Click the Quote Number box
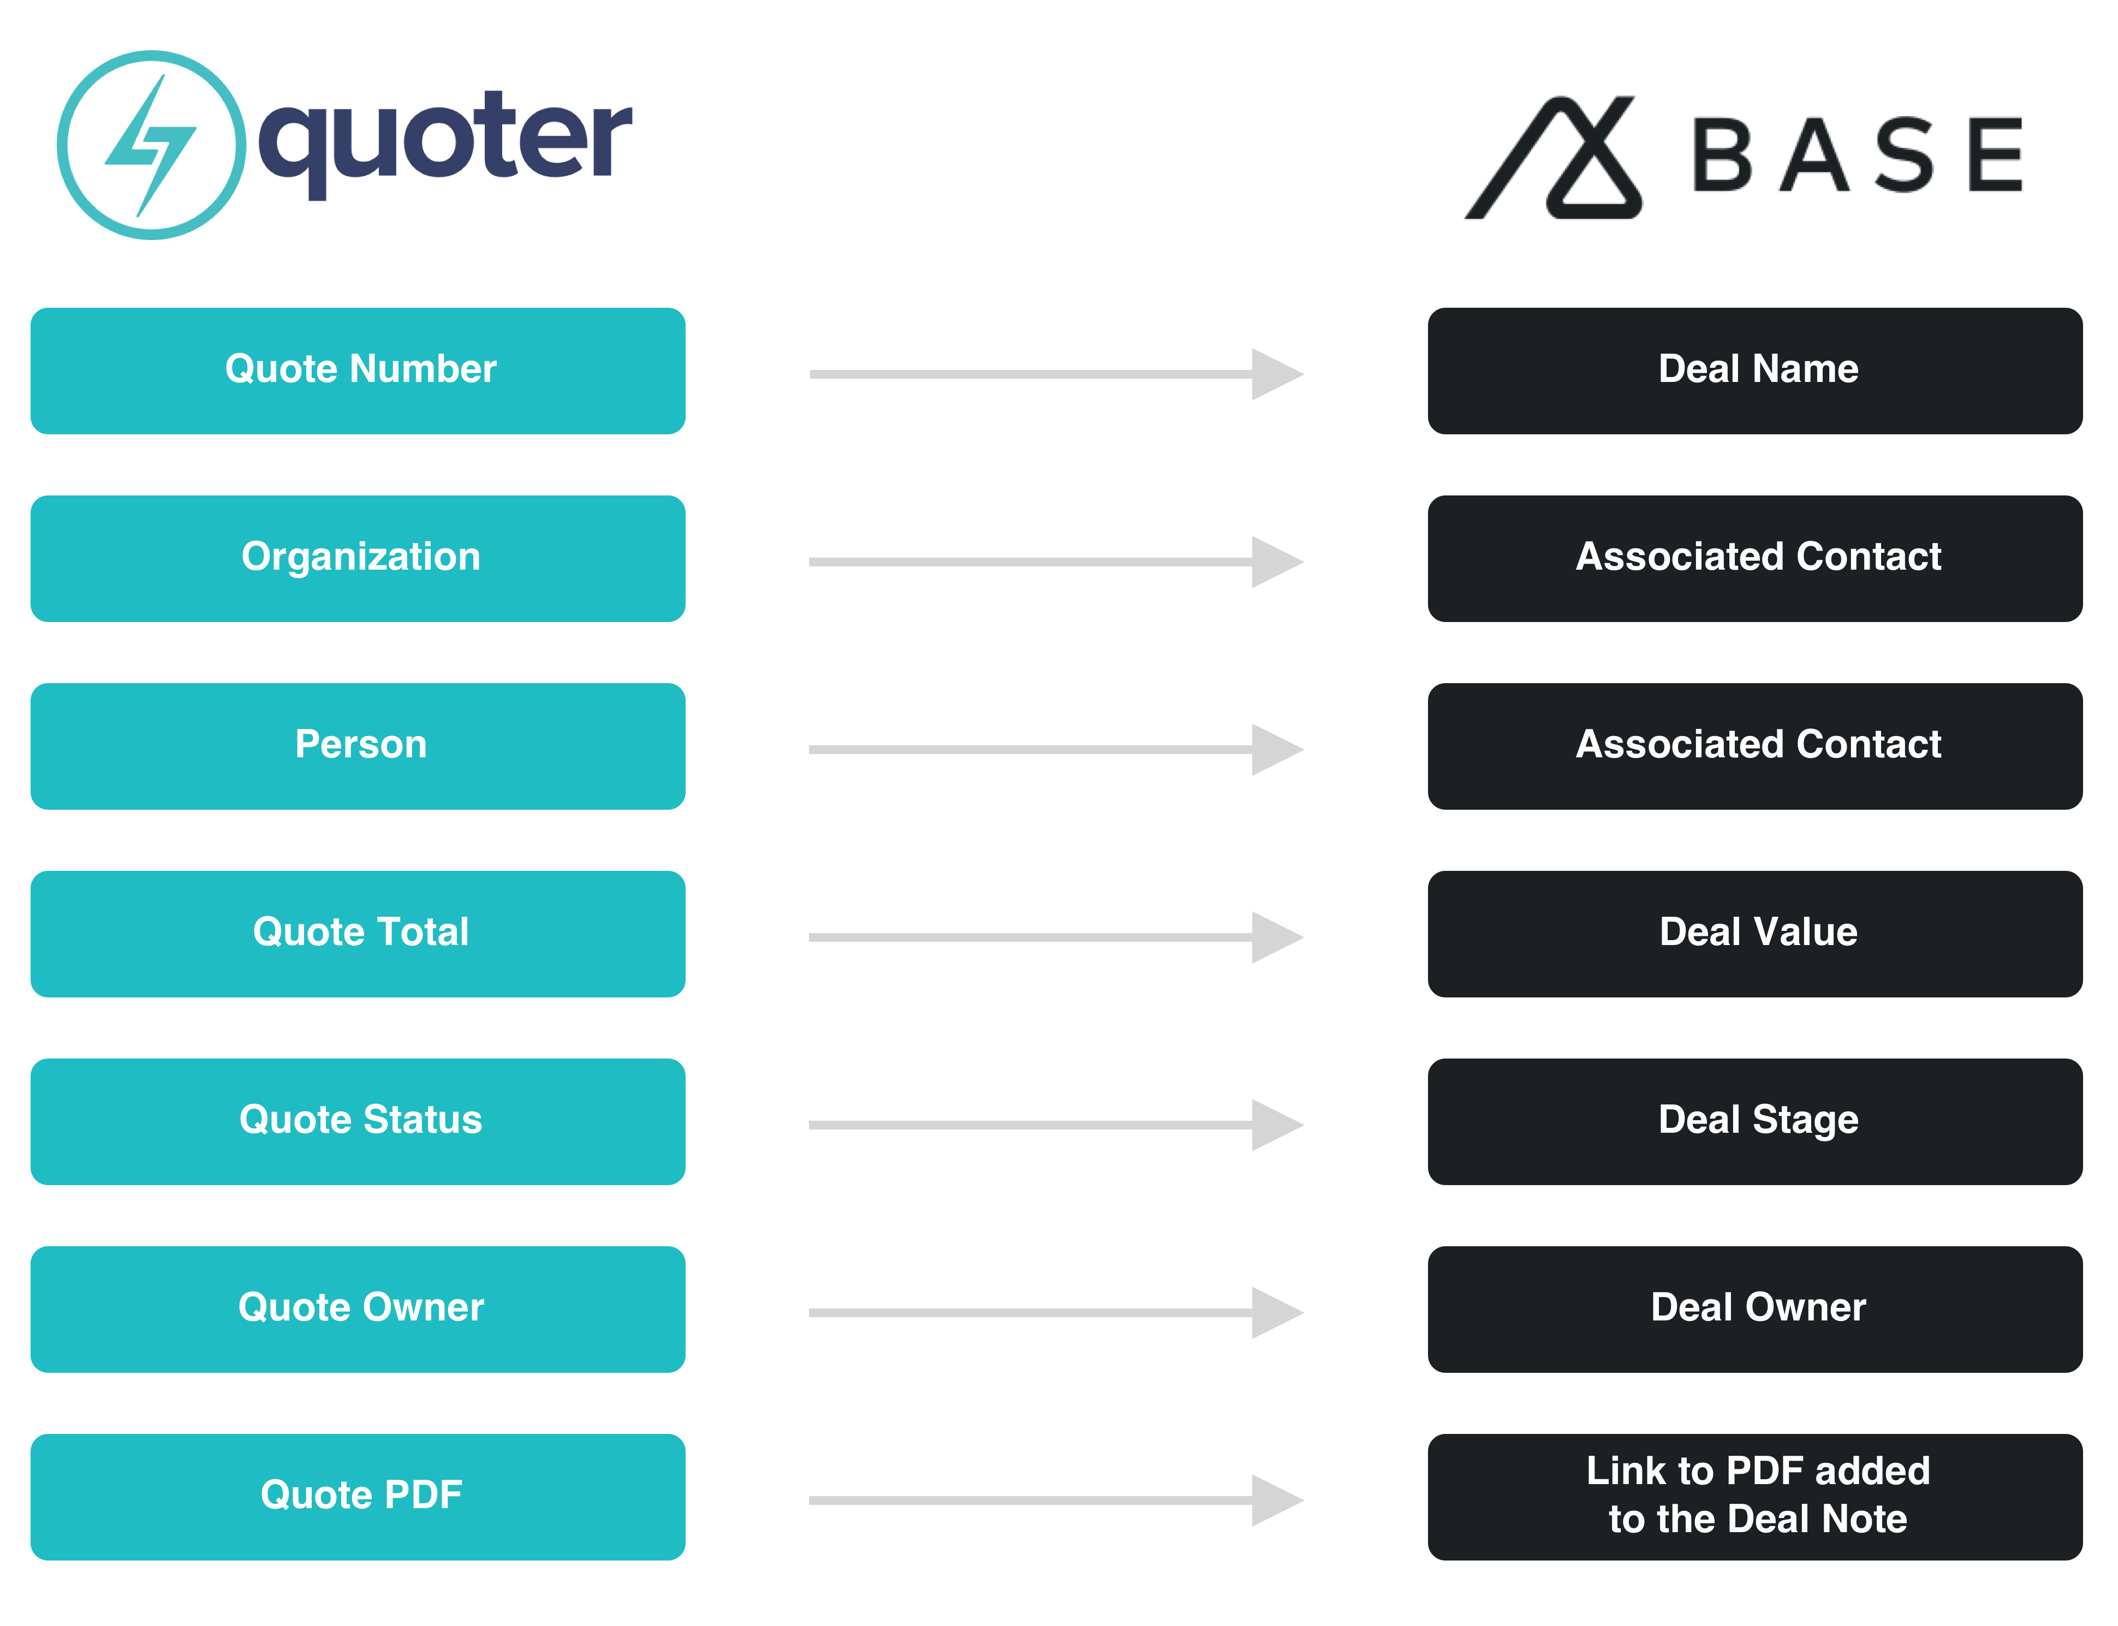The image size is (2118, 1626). coord(358,370)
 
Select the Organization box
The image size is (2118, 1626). coord(358,558)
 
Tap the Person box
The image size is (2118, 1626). coord(358,746)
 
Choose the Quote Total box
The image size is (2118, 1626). coord(358,934)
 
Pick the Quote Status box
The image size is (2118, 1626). coord(358,1122)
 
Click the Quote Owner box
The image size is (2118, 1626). coord(358,1310)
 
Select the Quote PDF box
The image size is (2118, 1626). coord(358,1497)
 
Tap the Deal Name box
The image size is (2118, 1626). coord(1755,370)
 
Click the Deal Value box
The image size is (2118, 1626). coord(1755,934)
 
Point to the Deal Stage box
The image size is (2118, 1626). coord(1755,1122)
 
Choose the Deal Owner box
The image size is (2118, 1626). coord(1755,1310)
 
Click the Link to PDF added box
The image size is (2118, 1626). coord(1755,1497)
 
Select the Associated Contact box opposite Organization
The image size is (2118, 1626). coord(1755,558)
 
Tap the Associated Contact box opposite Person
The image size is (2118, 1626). coord(1755,746)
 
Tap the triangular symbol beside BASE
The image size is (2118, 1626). coord(1554,158)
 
